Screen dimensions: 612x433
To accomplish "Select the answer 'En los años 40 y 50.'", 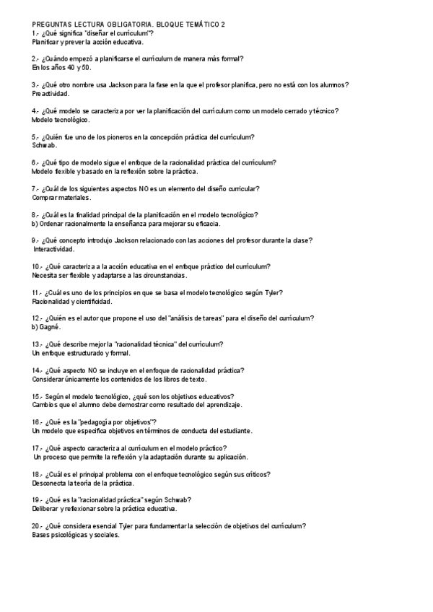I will [61, 67].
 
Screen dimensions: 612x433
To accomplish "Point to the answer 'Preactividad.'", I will [51, 94].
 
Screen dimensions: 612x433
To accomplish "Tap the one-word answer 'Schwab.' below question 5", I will [44, 146].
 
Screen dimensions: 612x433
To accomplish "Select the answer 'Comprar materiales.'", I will [61, 198].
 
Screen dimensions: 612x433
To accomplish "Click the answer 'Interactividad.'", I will [54, 249].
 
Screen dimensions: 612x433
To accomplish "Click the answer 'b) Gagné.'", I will [45, 327].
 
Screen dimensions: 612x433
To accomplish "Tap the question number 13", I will [37, 344].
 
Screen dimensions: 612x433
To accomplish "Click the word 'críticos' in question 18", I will [256, 474].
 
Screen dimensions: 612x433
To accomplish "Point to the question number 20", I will [37, 526].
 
